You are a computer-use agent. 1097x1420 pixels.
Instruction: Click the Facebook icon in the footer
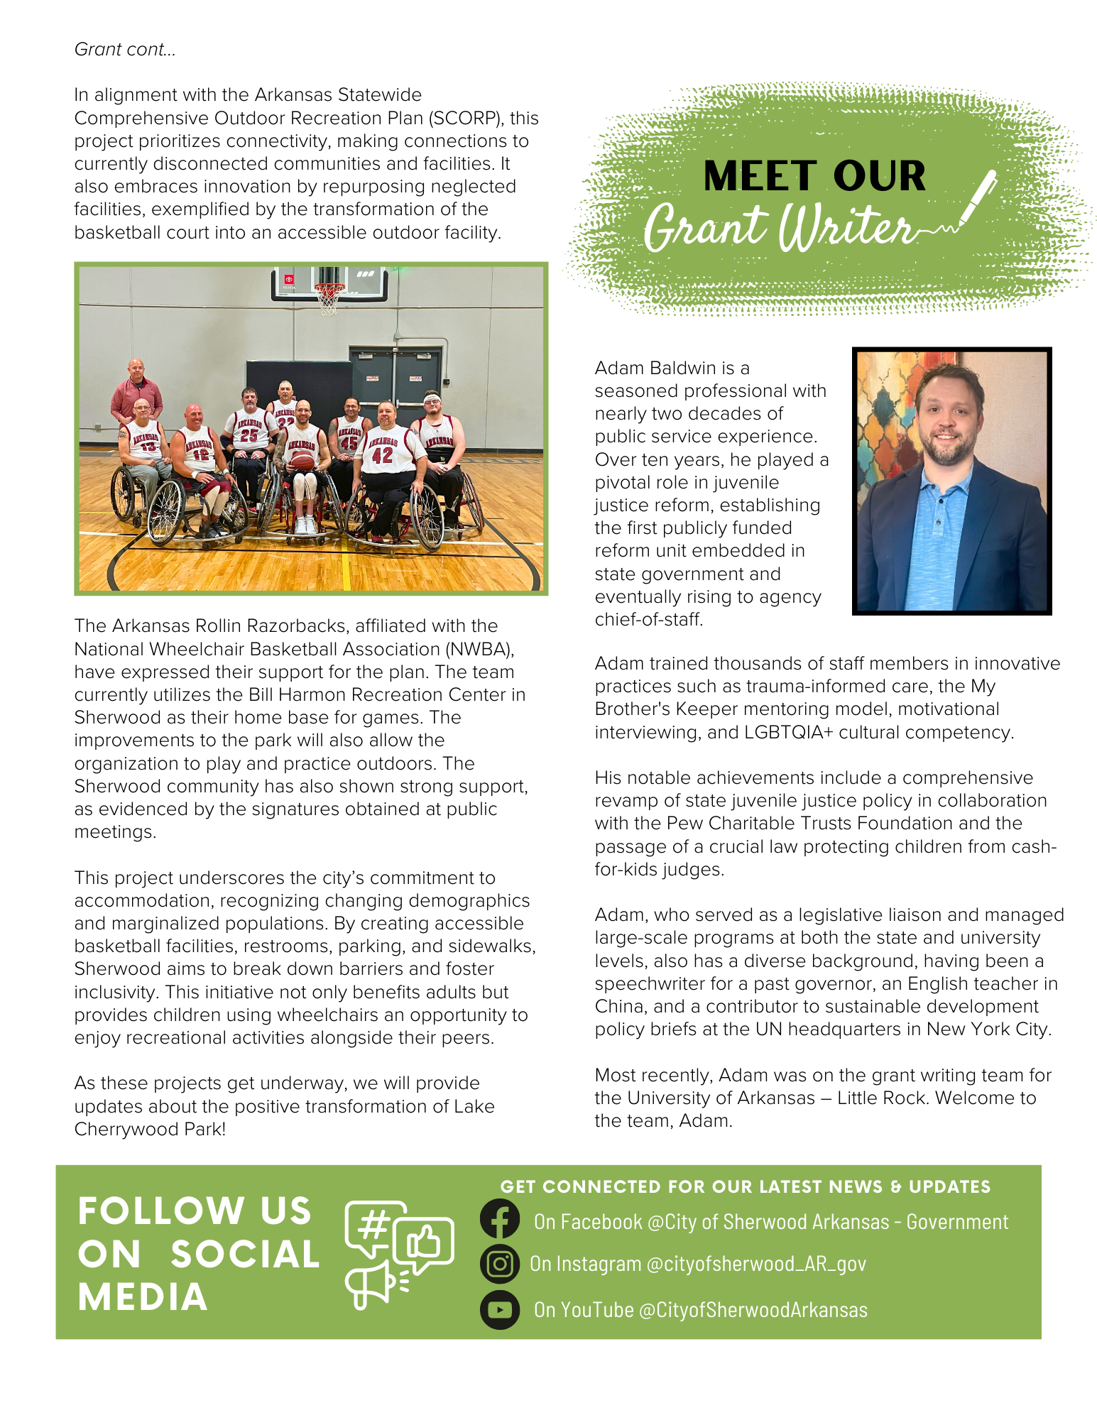[500, 1219]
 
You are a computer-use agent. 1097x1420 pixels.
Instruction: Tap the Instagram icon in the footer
[500, 1264]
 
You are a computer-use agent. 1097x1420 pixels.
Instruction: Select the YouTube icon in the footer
[500, 1309]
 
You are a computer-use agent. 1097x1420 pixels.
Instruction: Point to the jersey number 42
[382, 455]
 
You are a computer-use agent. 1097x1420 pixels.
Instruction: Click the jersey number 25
[249, 435]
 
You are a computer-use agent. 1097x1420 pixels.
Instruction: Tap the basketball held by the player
[303, 459]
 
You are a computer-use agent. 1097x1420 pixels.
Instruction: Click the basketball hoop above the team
[329, 295]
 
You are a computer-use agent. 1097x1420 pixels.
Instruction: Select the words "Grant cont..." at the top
[125, 50]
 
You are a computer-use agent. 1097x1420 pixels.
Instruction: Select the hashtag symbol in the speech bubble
[373, 1223]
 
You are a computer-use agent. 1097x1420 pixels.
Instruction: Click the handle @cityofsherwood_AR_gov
[756, 1264]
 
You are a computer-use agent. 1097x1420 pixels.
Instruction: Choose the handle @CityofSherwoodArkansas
[753, 1310]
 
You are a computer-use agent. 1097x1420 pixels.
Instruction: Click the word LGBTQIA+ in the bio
[788, 732]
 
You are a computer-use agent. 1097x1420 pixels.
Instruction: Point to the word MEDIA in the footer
[143, 1297]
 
